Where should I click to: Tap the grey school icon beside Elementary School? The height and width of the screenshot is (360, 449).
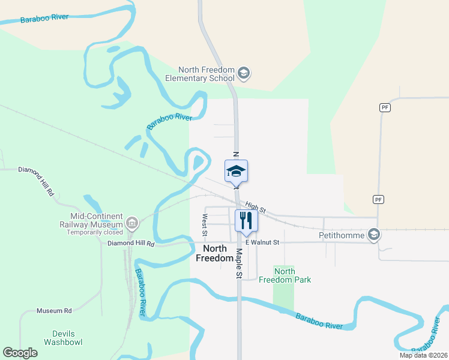[244, 74]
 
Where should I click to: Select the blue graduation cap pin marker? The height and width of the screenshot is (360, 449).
[236, 172]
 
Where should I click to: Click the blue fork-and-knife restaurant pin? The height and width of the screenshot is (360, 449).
[246, 220]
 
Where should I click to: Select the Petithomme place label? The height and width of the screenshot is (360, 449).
[342, 236]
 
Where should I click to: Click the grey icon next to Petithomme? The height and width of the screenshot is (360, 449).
[375, 235]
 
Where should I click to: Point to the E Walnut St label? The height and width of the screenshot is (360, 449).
[262, 242]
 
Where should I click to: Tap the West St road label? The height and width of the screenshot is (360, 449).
[205, 224]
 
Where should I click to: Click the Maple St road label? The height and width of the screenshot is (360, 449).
[238, 263]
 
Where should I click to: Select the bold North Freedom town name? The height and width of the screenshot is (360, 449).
[215, 253]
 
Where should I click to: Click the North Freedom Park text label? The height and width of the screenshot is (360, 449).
[285, 275]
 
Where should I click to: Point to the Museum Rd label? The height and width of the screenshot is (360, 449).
[54, 311]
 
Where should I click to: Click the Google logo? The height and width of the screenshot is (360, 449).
[20, 353]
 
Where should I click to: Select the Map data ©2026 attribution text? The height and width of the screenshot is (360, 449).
[423, 355]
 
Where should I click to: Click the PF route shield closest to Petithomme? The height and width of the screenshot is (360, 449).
[378, 199]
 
